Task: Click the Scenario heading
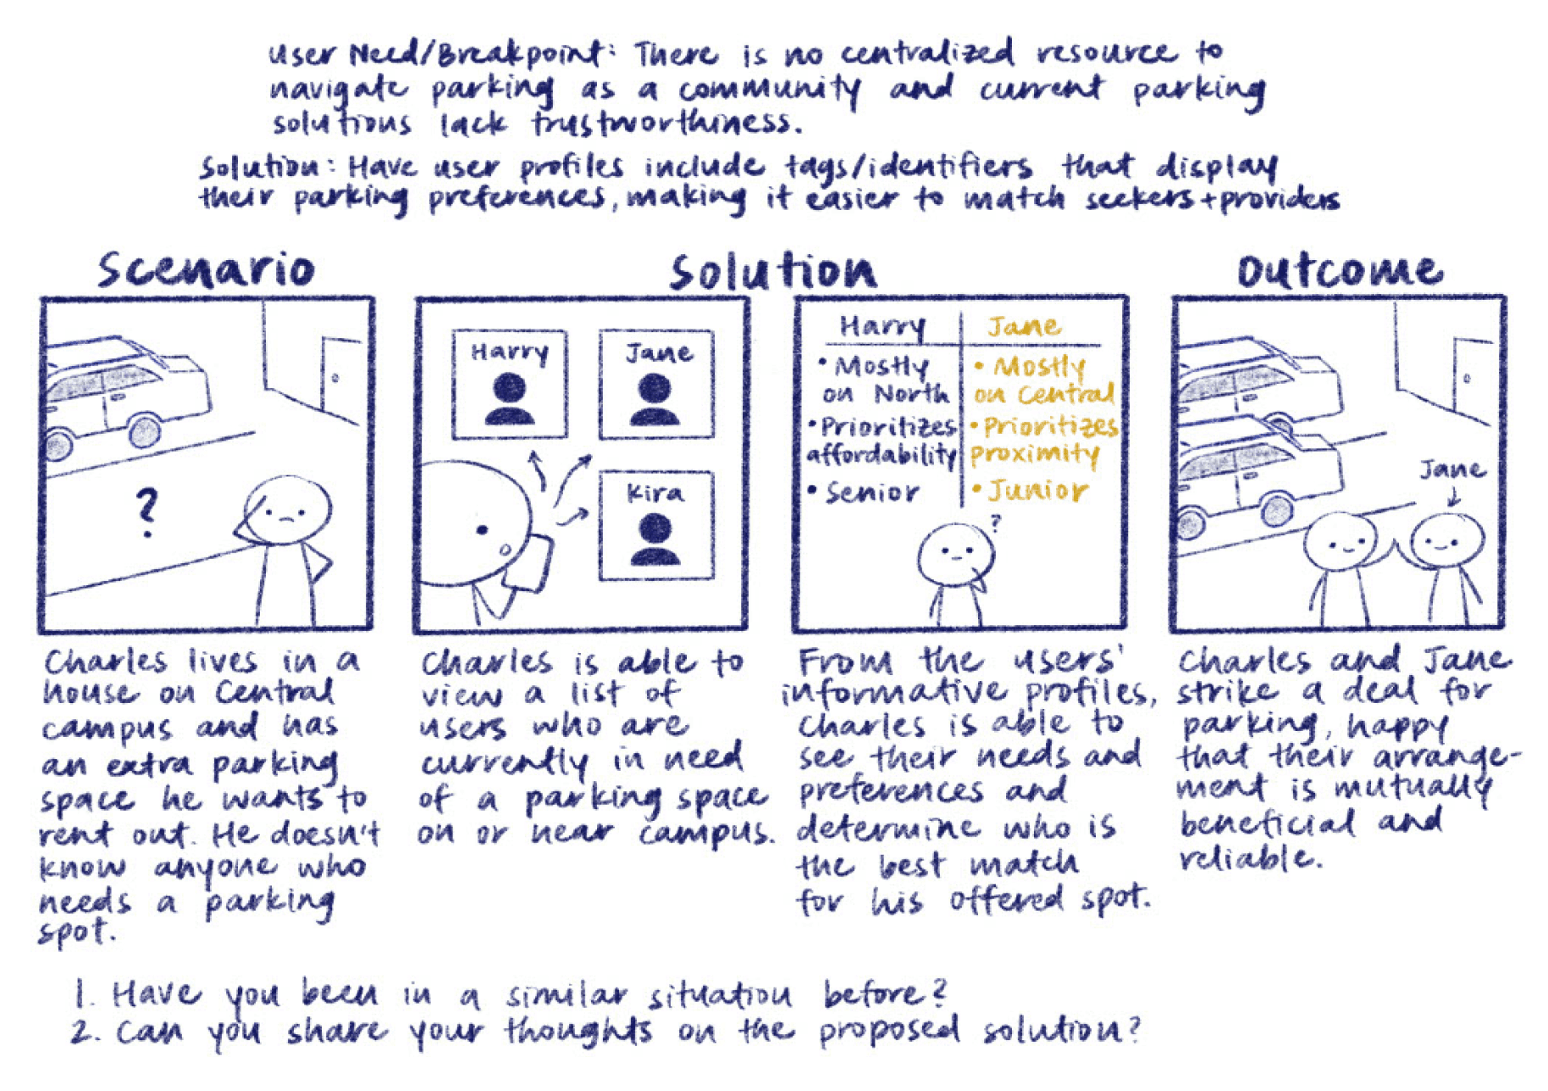(x=206, y=270)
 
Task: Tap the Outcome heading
(x=1338, y=270)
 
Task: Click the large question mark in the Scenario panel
(x=147, y=512)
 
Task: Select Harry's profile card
(x=509, y=385)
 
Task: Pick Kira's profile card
(x=655, y=526)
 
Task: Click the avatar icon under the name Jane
(x=655, y=400)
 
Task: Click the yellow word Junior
(x=1037, y=490)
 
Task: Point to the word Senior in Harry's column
(x=871, y=492)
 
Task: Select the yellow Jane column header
(x=1023, y=326)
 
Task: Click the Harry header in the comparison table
(x=882, y=327)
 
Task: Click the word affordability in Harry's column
(x=881, y=456)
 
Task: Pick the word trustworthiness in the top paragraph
(x=666, y=124)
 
